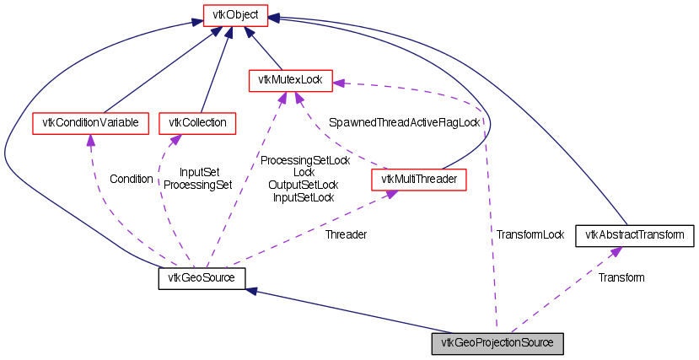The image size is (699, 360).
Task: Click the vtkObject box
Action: [x=235, y=14]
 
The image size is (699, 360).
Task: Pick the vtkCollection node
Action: [x=198, y=123]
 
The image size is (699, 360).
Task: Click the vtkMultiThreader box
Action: [x=418, y=179]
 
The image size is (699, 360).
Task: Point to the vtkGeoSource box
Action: [x=202, y=277]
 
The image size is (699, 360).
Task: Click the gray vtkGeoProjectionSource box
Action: [x=497, y=343]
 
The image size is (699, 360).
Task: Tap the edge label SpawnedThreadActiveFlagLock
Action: [x=404, y=122]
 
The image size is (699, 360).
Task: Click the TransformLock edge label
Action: [x=530, y=234]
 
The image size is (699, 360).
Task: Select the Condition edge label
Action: [x=132, y=179]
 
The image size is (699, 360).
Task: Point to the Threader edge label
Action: [x=346, y=234]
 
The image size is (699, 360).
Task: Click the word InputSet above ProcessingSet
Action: [x=199, y=172]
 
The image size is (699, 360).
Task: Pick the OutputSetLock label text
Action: [x=304, y=185]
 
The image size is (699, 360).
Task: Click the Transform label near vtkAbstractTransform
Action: [x=621, y=277]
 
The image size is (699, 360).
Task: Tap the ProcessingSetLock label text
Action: [x=304, y=159]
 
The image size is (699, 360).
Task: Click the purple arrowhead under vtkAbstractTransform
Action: [x=616, y=250]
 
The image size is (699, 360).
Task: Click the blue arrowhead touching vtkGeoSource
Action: [x=251, y=291]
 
